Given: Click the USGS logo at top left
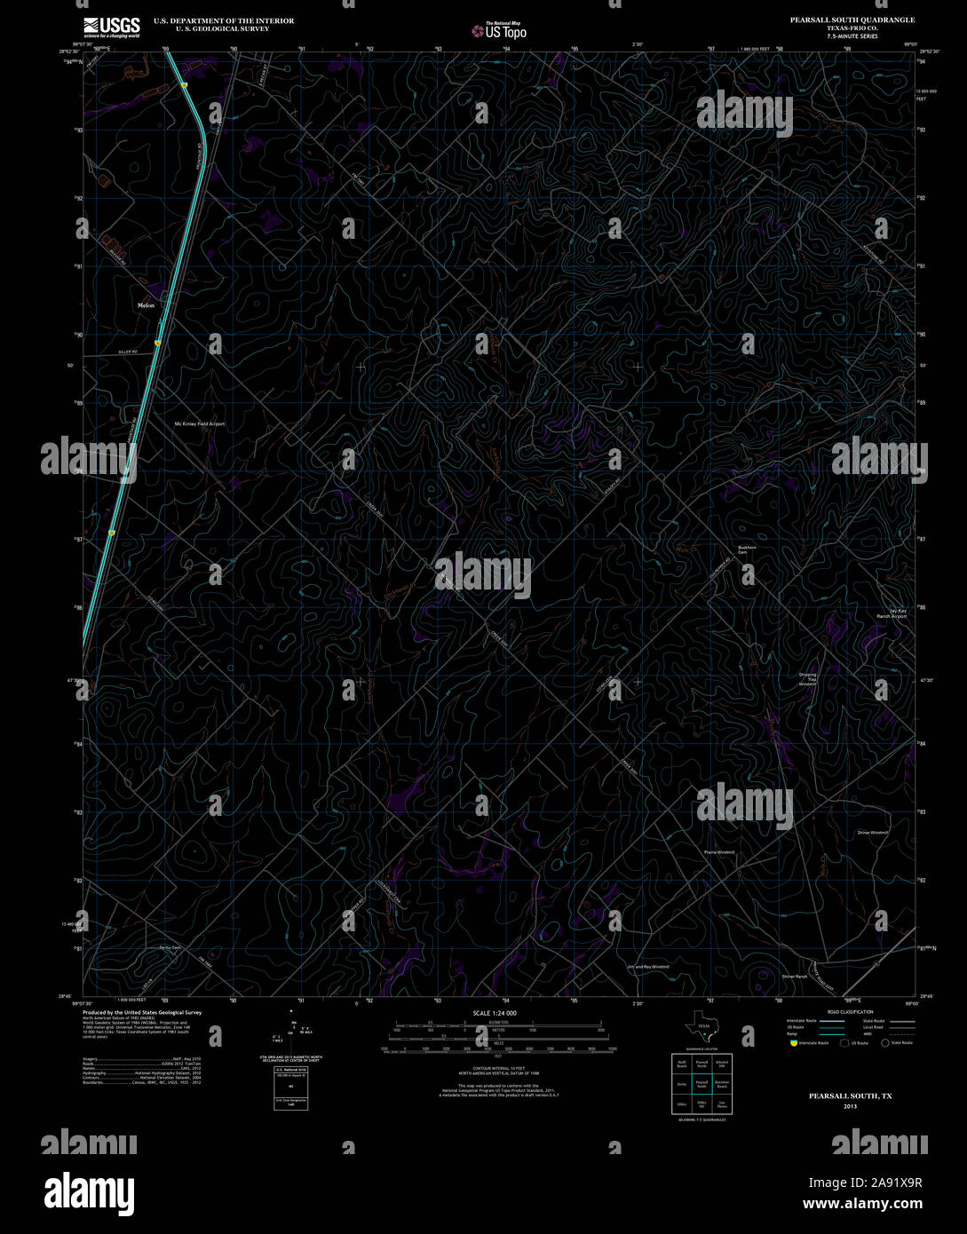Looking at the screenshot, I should pos(112,27).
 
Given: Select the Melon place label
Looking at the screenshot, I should pos(147,305).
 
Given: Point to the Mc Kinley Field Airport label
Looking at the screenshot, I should pos(199,424).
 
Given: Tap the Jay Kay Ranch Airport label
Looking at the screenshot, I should pos(892,613).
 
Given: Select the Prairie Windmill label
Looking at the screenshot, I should pos(720,852).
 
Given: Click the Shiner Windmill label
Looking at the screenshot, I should pos(872,833).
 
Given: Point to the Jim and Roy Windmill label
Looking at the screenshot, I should pos(647,967).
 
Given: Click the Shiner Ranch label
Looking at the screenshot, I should pos(795,977).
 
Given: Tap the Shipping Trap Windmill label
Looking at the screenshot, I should pos(807,679).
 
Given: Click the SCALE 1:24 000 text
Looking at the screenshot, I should pos(495,1013).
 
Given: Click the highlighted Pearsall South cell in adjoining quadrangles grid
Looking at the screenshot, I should pos(701,1084).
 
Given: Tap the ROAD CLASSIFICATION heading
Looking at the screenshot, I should pos(850,1012).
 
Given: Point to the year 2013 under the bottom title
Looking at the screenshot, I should pos(851,1107).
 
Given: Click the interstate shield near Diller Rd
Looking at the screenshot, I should pos(157,343).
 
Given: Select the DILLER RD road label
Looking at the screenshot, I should pos(128,352).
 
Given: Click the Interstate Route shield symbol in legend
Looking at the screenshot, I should pos(793,1043).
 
